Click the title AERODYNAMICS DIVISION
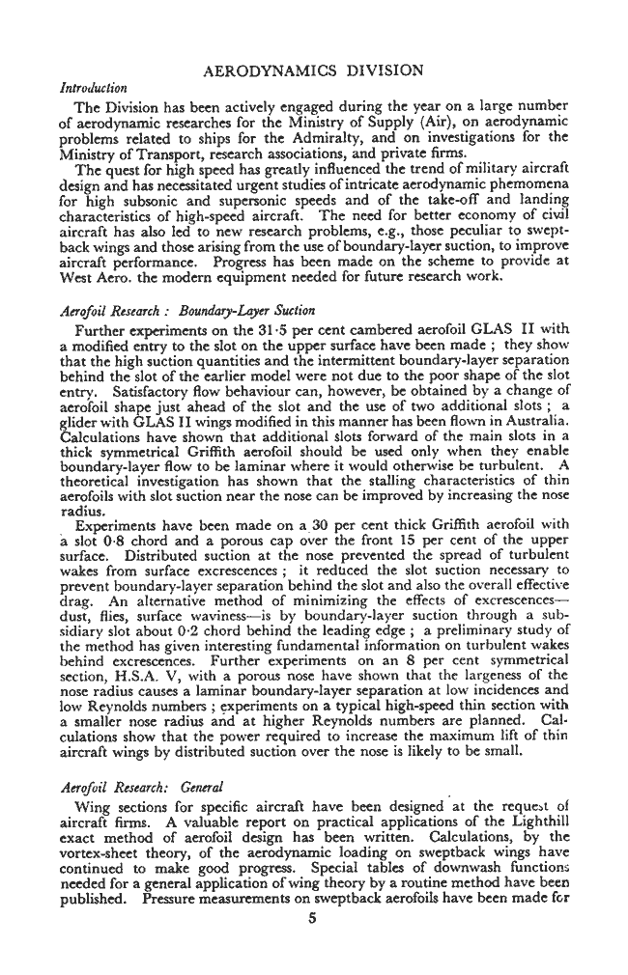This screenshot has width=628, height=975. pos(314,70)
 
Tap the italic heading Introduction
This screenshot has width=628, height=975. pos(93,88)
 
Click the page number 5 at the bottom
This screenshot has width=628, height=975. pos(314,919)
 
